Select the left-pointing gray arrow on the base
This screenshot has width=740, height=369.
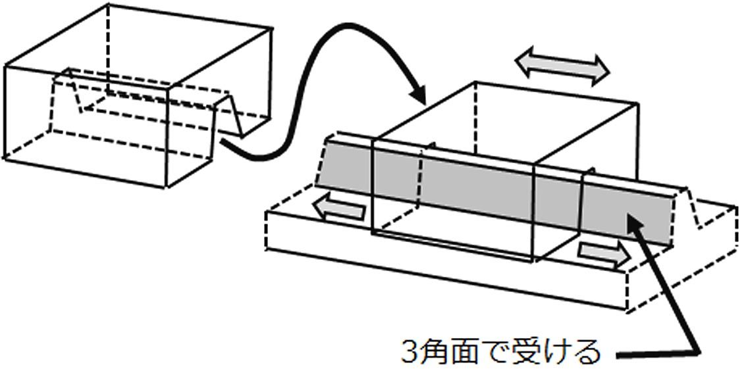pyautogui.click(x=339, y=209)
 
